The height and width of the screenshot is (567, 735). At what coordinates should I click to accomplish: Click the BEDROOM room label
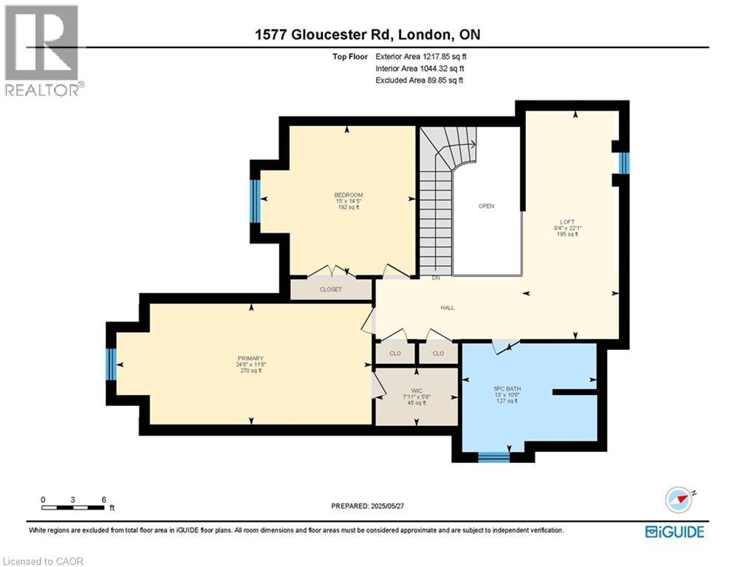click(348, 195)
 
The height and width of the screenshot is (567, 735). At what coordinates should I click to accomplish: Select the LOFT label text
click(567, 221)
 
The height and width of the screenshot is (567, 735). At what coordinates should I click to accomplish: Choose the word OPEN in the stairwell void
click(485, 206)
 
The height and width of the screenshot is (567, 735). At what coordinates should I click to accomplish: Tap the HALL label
click(448, 308)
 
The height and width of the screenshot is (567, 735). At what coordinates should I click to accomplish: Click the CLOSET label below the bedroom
click(330, 289)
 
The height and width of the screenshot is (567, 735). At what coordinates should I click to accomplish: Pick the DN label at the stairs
click(436, 278)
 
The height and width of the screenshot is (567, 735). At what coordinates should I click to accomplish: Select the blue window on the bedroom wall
click(255, 201)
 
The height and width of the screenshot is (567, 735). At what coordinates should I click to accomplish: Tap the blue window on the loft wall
click(623, 163)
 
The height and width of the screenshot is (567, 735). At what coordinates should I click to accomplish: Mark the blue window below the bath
click(493, 457)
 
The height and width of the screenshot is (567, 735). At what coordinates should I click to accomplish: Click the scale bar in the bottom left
click(73, 502)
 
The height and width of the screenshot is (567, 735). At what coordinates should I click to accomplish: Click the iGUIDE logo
click(674, 532)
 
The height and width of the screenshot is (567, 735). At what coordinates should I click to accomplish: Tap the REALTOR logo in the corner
click(43, 49)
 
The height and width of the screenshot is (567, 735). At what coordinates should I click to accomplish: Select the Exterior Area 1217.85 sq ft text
click(419, 56)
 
